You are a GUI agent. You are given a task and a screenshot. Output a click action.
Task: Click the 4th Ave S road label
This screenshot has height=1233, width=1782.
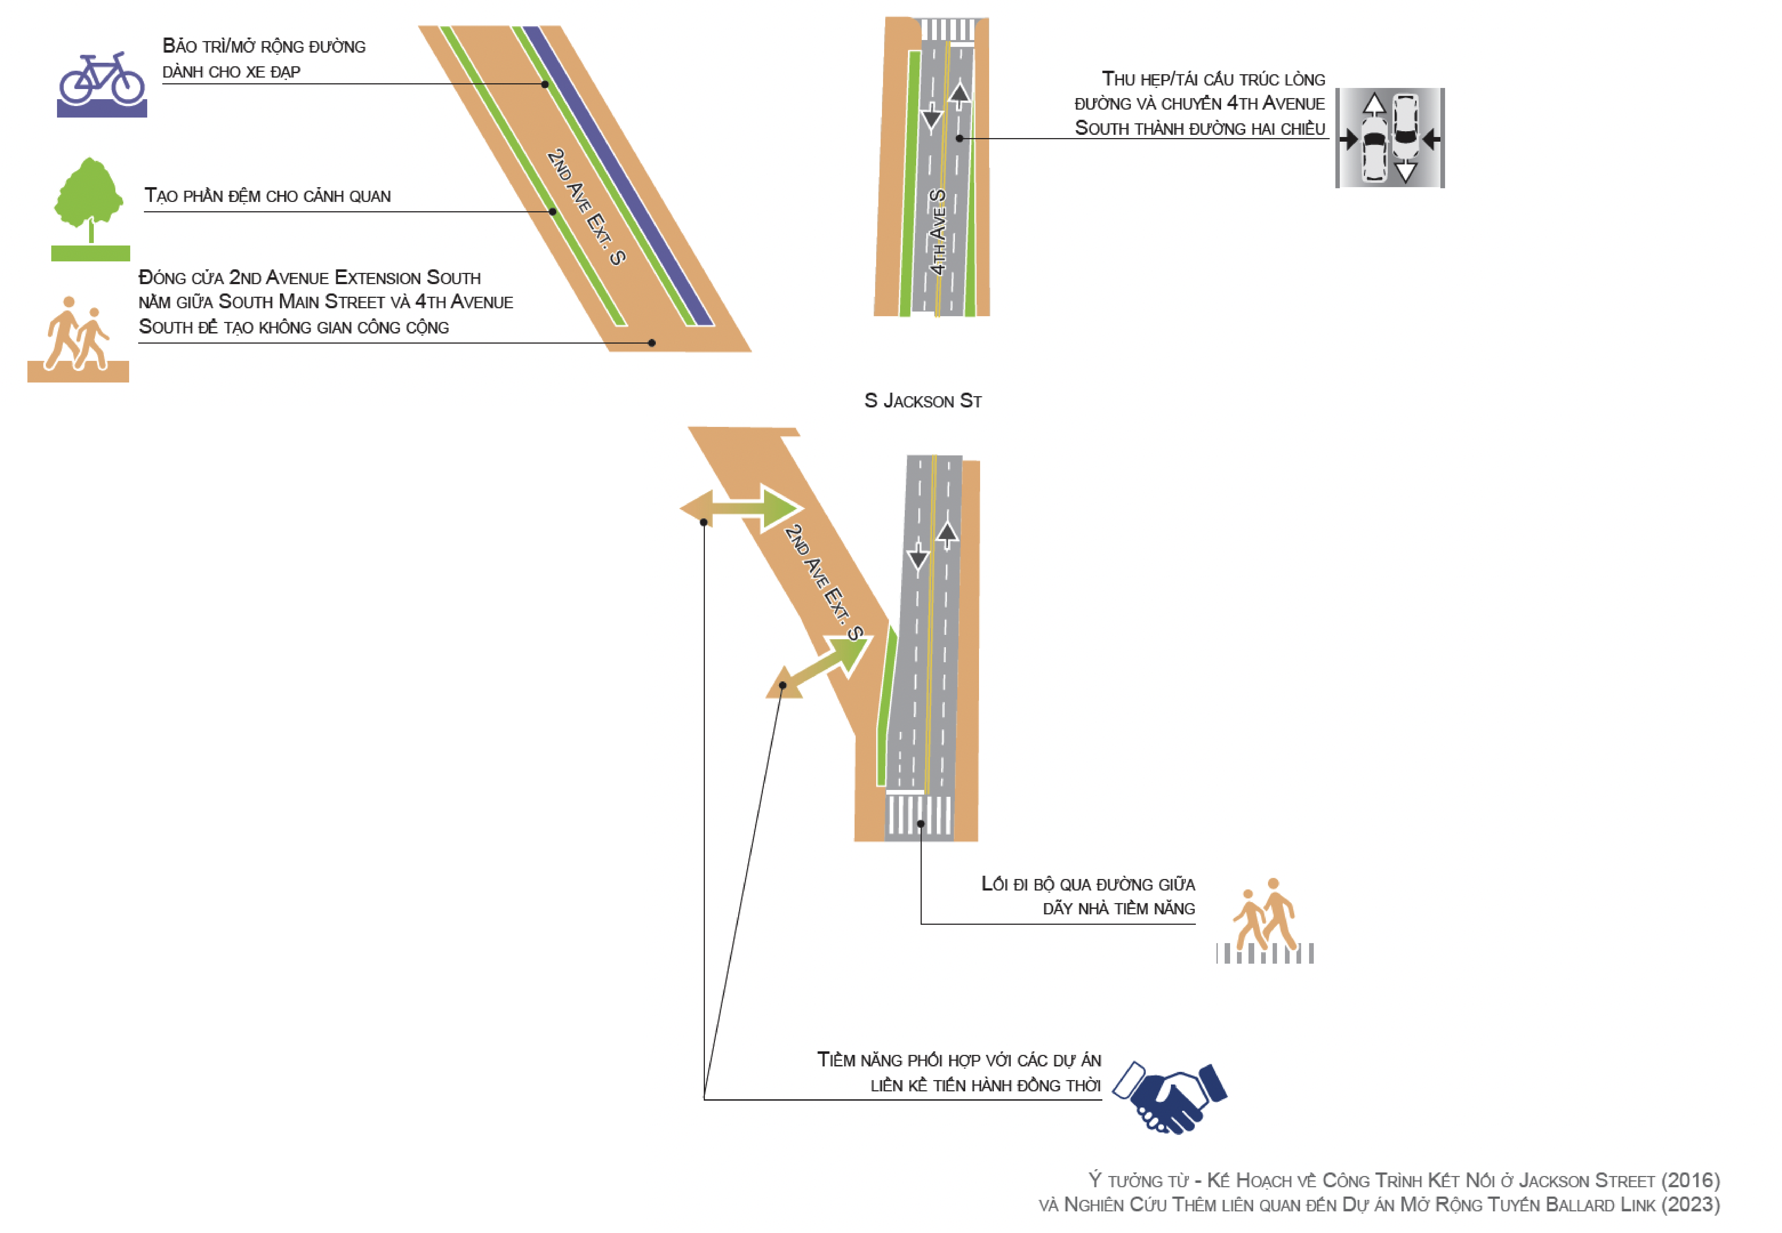coord(937,232)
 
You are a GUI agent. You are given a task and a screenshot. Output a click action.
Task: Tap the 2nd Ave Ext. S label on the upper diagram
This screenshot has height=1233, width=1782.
coord(586,207)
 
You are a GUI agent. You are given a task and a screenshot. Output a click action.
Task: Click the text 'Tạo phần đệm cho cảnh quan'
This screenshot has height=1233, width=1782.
coord(267,196)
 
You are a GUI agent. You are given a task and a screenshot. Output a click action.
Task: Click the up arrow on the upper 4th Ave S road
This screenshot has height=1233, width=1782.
coord(959,96)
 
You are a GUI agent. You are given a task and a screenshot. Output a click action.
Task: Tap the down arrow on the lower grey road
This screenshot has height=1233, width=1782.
coord(917,555)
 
